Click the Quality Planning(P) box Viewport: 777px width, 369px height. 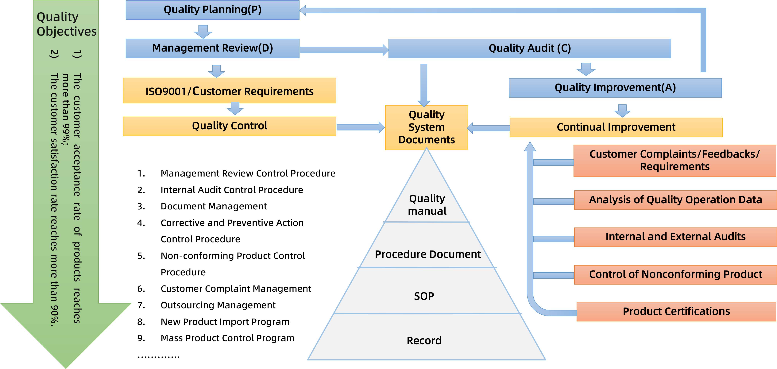(x=212, y=10)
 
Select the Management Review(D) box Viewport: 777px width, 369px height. (x=212, y=48)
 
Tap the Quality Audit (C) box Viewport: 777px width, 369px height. (x=529, y=48)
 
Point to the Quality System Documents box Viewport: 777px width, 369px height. (x=427, y=127)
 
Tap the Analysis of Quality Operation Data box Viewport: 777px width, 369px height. (x=675, y=200)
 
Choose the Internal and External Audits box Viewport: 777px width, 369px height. (x=675, y=237)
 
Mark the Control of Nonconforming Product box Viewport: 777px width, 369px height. (x=675, y=274)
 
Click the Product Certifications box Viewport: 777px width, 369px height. (x=676, y=311)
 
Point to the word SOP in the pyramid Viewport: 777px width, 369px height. (x=424, y=296)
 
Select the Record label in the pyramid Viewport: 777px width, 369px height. (x=424, y=341)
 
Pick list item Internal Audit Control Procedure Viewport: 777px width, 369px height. (x=231, y=190)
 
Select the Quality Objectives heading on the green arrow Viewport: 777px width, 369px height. (x=66, y=24)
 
